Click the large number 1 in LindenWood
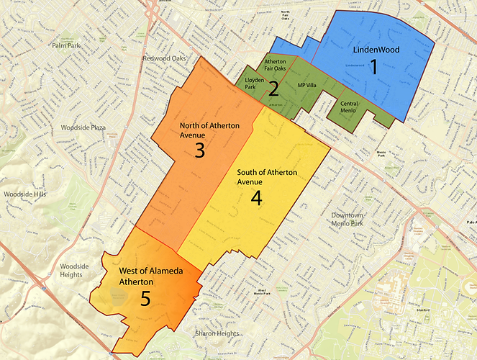[373, 68]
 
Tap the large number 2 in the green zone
[273, 89]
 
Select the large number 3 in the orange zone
[200, 150]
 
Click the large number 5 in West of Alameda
[145, 298]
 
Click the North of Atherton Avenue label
[200, 130]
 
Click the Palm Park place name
[68, 45]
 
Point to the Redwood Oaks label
[164, 58]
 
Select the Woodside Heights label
[75, 271]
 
